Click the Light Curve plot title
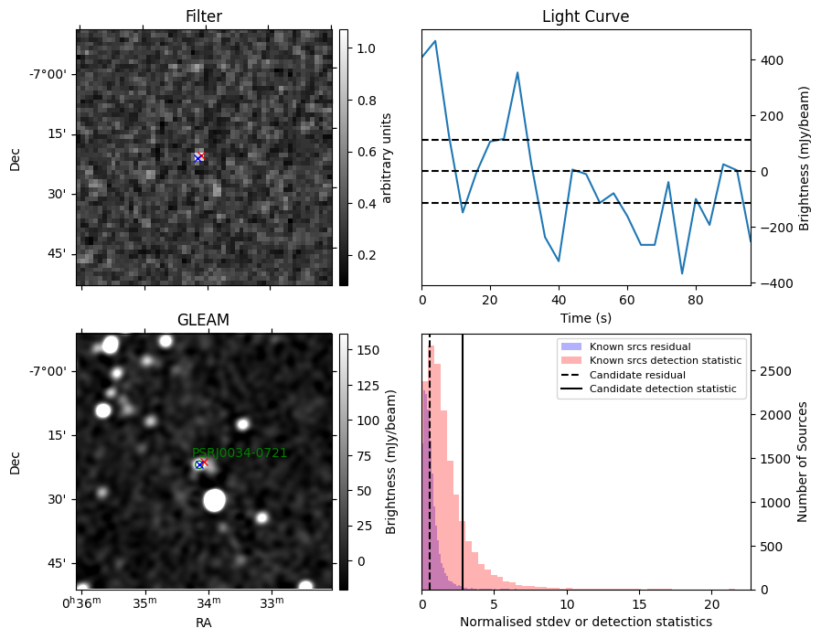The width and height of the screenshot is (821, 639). pos(585,16)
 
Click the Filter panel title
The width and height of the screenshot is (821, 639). pos(204,16)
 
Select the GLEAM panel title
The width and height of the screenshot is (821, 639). pos(204,320)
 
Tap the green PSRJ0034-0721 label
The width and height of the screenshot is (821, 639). pos(240,453)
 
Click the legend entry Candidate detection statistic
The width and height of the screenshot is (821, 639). pos(663,389)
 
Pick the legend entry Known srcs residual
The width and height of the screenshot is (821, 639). pos(640,346)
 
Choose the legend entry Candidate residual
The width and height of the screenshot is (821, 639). pos(637,375)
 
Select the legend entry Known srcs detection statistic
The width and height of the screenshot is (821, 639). pos(666,360)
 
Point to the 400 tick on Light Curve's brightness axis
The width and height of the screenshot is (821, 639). pos(772,60)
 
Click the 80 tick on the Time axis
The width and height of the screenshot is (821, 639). pos(696,301)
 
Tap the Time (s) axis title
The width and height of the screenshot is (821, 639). pos(585,318)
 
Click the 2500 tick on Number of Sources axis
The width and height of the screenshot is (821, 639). pos(776,371)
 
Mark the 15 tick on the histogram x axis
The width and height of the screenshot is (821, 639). pos(639,604)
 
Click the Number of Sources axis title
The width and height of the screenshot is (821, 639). pos(802,463)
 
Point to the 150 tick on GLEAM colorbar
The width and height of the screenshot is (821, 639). pos(368,350)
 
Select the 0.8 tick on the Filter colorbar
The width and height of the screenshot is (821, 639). pos(367,100)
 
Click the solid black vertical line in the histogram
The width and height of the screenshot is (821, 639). pos(463,463)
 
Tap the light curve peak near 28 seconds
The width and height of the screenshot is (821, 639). pos(517,73)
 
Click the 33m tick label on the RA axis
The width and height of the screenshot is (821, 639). pos(272,602)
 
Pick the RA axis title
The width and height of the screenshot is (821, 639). pos(204,623)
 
